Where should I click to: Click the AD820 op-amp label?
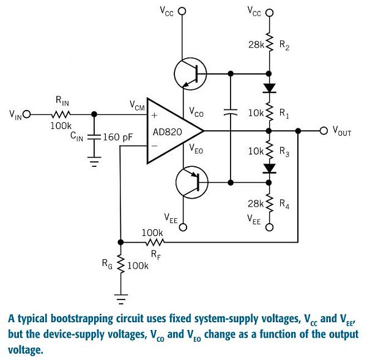[167, 132]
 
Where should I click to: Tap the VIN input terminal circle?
[27, 114]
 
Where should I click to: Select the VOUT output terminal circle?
[324, 131]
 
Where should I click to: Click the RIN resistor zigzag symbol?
[61, 114]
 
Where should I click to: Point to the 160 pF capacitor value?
[117, 137]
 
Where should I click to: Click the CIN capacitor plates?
[94, 137]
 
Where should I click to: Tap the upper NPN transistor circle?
[190, 74]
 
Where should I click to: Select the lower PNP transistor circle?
[191, 182]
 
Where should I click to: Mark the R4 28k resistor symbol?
[269, 203]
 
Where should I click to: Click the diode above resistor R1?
[269, 88]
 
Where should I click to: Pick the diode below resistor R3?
[269, 169]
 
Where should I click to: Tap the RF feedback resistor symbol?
[155, 242]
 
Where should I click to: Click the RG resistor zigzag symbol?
[120, 263]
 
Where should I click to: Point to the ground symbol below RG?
[120, 299]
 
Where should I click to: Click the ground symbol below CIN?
[94, 161]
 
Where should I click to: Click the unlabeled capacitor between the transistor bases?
[231, 112]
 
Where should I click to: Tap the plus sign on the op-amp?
[155, 115]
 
